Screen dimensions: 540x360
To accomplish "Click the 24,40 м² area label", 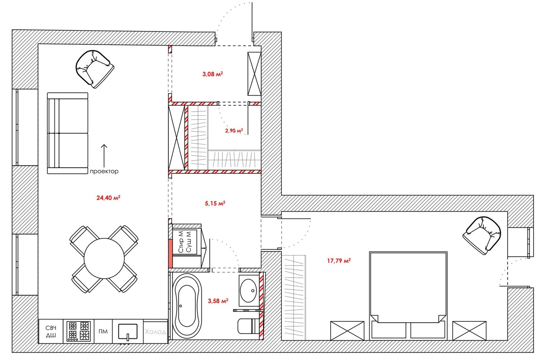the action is [x=108, y=198].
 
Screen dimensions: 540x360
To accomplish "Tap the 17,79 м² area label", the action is [x=339, y=261].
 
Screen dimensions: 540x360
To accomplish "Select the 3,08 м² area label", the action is [x=212, y=74].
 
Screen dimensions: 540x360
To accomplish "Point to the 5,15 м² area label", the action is [x=215, y=203].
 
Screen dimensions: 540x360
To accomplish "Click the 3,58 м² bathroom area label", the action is [x=218, y=301].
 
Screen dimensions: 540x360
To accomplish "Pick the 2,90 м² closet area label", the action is [x=234, y=130].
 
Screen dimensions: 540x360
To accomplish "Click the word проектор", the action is [x=104, y=171].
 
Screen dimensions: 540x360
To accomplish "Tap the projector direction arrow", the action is [x=104, y=156].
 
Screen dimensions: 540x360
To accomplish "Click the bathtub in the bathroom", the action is [x=187, y=306].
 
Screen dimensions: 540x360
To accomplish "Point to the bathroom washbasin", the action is [x=248, y=291].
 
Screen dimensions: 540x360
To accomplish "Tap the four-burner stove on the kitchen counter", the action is [x=79, y=331].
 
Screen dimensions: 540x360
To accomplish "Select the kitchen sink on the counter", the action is [x=128, y=332].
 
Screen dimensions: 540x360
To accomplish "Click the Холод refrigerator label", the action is [x=156, y=332].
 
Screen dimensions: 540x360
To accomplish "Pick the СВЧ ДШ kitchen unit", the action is [x=51, y=331].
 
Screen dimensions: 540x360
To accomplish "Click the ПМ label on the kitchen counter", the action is [x=103, y=332].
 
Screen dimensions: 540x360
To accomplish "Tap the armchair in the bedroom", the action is [x=481, y=235].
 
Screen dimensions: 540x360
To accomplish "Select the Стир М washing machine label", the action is [x=181, y=242].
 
